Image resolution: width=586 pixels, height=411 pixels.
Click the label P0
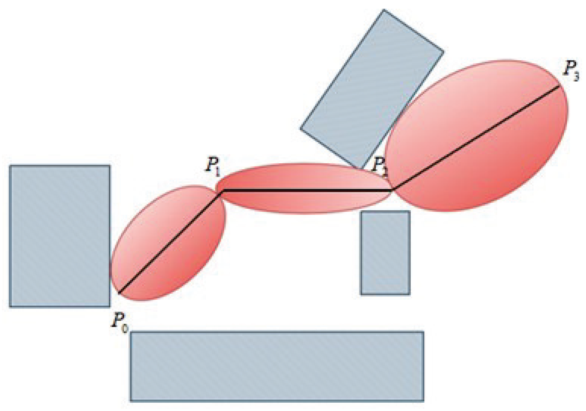120,322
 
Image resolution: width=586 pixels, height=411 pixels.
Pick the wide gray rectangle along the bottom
277,367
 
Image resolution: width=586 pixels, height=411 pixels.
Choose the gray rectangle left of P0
60,236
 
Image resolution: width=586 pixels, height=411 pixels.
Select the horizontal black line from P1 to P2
307,190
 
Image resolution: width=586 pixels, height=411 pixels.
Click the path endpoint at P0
119,293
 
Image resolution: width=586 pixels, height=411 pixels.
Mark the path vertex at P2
392,190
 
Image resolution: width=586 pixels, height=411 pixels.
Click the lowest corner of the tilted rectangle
360,168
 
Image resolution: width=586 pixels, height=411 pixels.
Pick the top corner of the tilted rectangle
383,10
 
